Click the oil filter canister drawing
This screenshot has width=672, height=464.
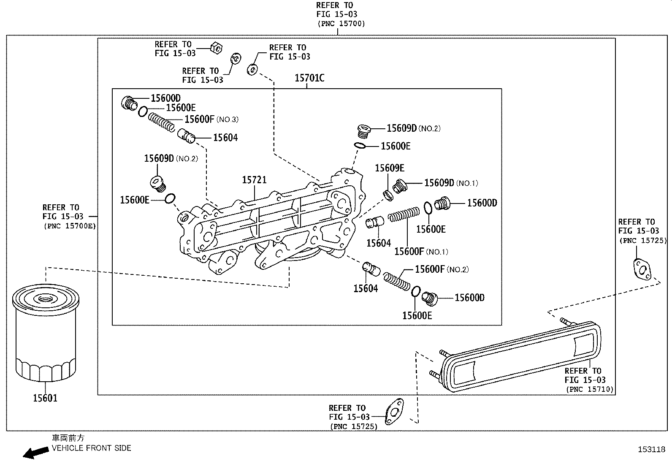click(45, 334)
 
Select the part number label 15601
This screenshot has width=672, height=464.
click(45, 398)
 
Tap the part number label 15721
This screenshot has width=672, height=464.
click(254, 180)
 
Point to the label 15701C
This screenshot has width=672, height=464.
click(309, 78)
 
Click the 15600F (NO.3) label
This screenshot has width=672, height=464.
click(211, 119)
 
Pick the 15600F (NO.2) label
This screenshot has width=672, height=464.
click(442, 269)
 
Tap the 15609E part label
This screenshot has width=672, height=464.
click(390, 168)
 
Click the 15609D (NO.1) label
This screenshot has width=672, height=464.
click(451, 183)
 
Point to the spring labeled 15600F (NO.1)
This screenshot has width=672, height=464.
click(404, 214)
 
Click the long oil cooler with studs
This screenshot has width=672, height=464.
click(519, 357)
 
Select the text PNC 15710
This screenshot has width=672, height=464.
click(589, 389)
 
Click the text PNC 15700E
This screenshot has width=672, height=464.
click(70, 226)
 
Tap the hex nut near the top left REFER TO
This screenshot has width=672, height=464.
click(216, 48)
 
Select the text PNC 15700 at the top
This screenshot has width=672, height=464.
click(341, 24)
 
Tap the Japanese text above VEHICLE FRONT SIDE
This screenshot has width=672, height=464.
click(68, 438)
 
